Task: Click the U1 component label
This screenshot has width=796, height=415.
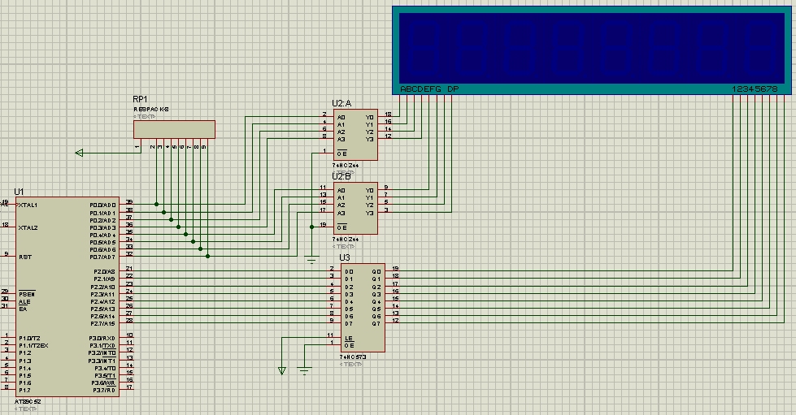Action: pos(19,192)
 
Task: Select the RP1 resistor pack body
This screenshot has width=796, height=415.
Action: pos(174,129)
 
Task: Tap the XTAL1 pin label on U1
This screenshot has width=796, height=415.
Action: pos(28,205)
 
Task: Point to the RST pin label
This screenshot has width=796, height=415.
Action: pos(24,256)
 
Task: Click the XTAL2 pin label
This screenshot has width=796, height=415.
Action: pos(28,227)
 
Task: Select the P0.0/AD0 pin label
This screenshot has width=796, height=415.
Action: pos(103,205)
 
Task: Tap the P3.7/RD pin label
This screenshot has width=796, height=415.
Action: pos(104,390)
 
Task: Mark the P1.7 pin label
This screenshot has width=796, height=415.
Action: pos(24,390)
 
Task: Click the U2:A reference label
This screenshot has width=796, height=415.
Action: pos(341,103)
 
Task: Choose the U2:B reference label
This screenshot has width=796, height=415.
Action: pos(341,176)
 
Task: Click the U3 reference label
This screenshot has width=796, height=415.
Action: pos(345,258)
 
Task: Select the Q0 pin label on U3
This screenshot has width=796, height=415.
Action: pos(376,271)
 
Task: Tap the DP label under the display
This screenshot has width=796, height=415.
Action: pos(453,89)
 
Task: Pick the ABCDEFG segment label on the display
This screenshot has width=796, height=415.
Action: pos(420,89)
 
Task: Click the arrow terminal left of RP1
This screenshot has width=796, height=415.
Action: pos(79,152)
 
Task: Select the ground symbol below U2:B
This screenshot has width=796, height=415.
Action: pos(311,260)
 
